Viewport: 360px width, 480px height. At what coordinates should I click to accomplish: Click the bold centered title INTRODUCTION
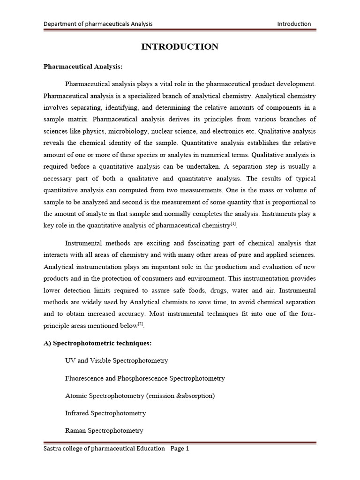click(180, 46)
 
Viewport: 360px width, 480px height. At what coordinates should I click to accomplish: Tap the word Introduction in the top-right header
click(294, 24)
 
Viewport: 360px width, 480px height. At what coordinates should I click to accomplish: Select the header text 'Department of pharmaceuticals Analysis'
click(98, 24)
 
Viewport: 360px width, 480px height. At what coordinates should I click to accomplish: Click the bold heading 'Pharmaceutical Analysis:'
click(82, 67)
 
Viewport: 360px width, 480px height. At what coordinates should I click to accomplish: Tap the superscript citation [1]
click(233, 224)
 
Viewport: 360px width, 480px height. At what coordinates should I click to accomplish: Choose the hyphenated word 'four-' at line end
click(307, 314)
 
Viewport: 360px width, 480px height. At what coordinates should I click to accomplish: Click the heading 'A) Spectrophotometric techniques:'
click(97, 343)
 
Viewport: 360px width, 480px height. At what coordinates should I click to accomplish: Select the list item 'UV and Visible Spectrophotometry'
click(116, 360)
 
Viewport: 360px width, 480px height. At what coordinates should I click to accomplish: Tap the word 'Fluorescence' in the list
click(84, 378)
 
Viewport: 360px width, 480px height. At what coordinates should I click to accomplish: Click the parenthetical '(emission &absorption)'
click(180, 396)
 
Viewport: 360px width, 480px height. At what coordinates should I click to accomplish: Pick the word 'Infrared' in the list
click(77, 413)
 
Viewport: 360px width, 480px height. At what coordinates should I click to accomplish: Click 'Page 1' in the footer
click(180, 449)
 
